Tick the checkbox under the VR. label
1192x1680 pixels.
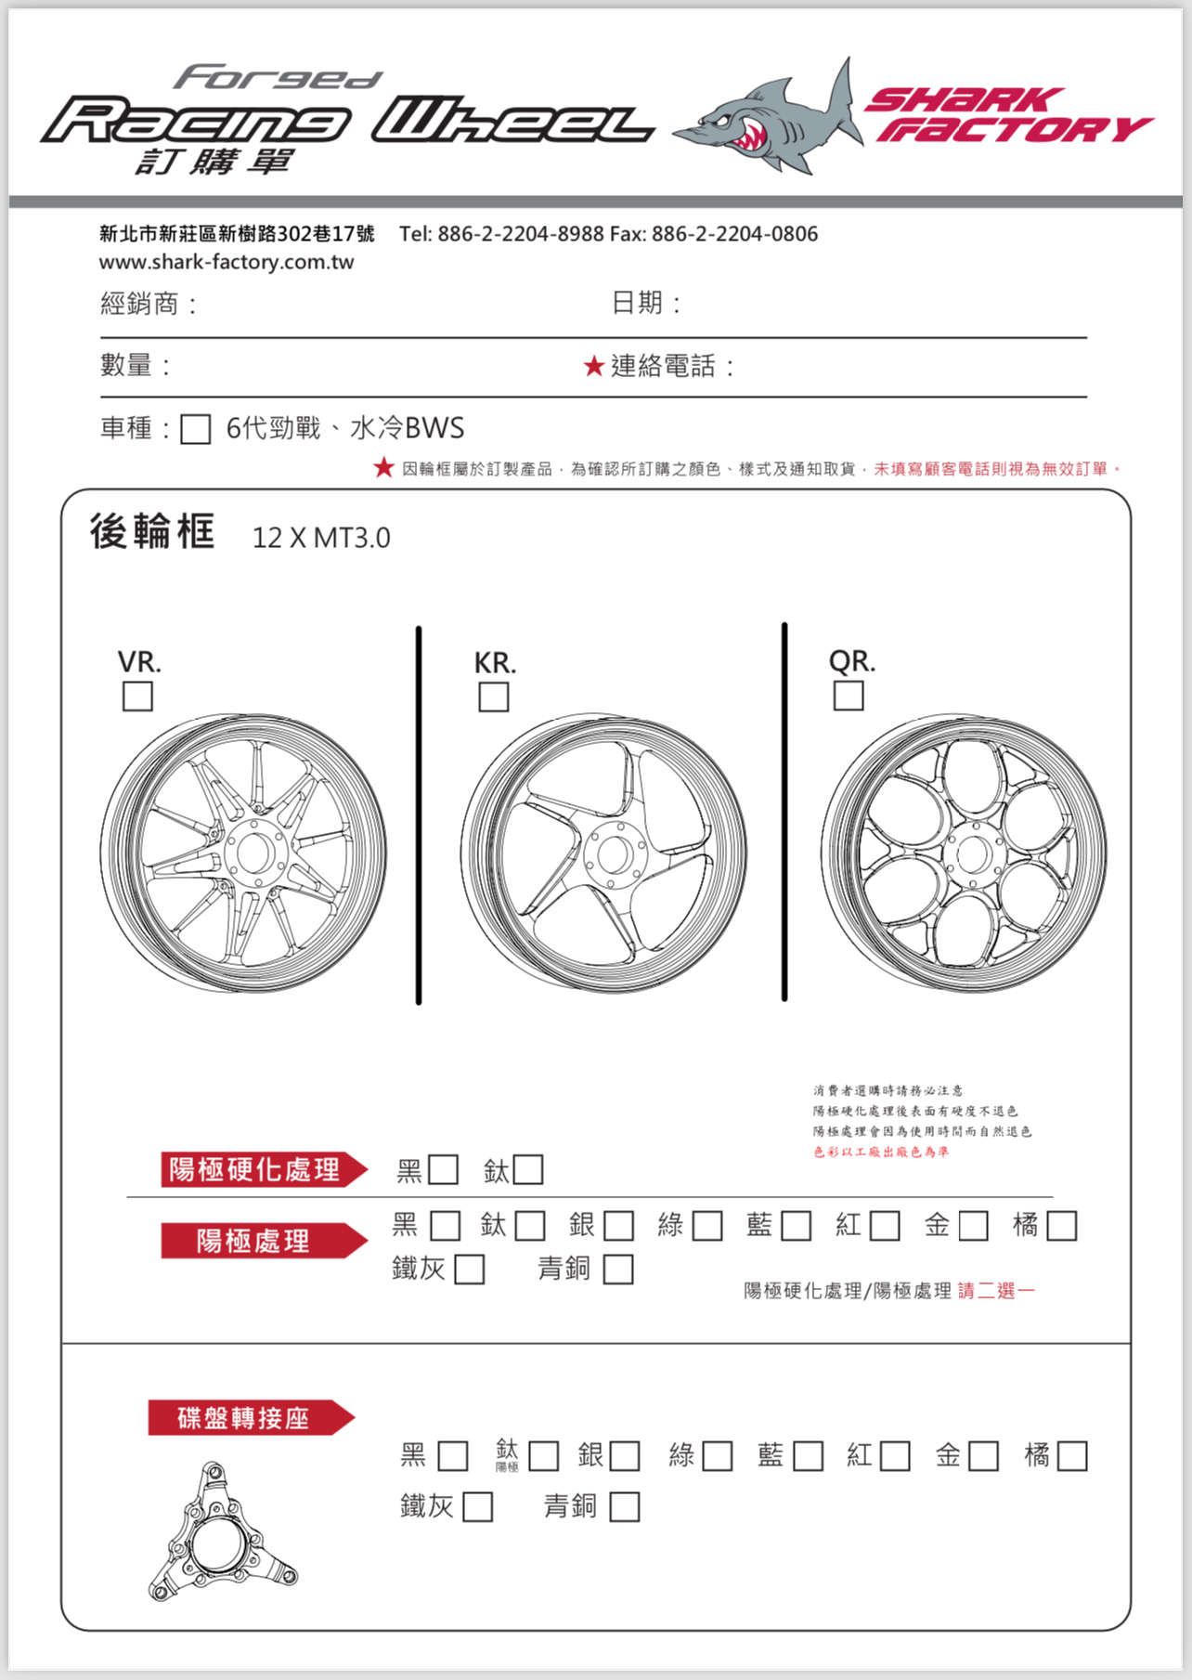[x=137, y=697]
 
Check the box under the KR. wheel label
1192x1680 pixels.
[x=493, y=697]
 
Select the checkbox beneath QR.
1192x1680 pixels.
[x=849, y=696]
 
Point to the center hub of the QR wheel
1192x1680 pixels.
[x=973, y=853]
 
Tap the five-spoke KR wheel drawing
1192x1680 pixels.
[x=603, y=853]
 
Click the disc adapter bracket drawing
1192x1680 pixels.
[x=221, y=1533]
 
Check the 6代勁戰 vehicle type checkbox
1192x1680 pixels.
[x=195, y=429]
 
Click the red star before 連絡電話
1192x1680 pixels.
[x=594, y=366]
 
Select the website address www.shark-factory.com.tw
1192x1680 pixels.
[x=227, y=262]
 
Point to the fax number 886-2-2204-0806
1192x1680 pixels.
[x=734, y=234]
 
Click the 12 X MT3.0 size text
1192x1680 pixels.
[x=321, y=538]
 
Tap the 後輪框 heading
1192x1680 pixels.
[x=152, y=532]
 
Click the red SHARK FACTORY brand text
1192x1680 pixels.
[x=1007, y=115]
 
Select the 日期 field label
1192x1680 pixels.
[x=638, y=303]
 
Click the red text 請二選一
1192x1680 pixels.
[x=996, y=1291]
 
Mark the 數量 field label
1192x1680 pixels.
[x=126, y=365]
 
